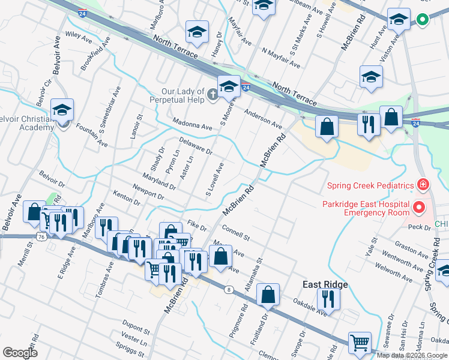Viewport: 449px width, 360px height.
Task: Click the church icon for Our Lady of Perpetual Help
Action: click(x=212, y=94)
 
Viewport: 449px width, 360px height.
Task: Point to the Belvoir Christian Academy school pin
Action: click(x=62, y=111)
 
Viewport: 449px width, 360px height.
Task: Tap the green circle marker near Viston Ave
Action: click(x=422, y=20)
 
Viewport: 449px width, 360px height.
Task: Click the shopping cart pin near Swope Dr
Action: click(x=360, y=344)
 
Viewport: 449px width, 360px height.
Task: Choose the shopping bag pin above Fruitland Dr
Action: click(x=268, y=295)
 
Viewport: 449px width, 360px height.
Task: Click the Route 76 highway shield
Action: click(x=41, y=237)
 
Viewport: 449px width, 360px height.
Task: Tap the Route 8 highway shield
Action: click(x=229, y=290)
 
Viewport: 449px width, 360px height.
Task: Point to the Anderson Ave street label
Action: click(x=263, y=118)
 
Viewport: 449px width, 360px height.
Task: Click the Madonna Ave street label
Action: click(x=192, y=127)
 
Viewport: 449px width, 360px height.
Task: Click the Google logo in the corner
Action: click(x=20, y=353)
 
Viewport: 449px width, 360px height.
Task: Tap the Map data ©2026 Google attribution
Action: click(x=411, y=355)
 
